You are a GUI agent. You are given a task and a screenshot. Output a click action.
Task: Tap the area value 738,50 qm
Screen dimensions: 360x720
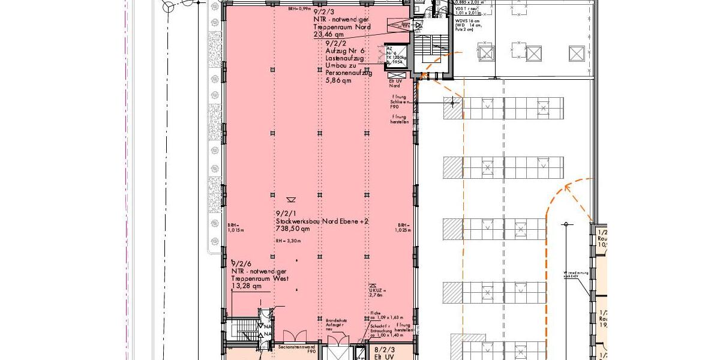[x=293, y=229]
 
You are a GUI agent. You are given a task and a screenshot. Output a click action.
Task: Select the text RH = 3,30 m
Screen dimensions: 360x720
[x=288, y=241]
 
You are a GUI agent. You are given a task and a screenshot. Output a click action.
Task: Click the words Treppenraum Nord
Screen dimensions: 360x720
[x=341, y=27]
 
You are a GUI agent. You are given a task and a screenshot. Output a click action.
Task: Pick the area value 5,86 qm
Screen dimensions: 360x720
[x=338, y=80]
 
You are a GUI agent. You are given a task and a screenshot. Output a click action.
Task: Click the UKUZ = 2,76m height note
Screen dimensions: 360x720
[x=376, y=292]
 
